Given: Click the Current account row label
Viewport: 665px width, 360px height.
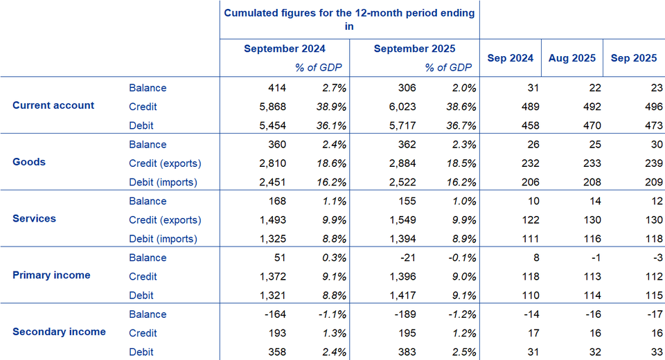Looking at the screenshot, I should point(53,106).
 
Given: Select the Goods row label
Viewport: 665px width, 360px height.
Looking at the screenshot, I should point(29,162).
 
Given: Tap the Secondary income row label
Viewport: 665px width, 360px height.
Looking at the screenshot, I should point(59,332).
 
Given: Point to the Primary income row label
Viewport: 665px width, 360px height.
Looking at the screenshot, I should point(51,275).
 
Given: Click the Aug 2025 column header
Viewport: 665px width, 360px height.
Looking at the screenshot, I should point(571,58).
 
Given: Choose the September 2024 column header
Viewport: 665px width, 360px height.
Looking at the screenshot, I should point(285,48).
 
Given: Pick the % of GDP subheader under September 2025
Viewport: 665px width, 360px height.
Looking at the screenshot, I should point(448,68).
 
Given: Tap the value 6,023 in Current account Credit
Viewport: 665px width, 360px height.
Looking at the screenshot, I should point(402,107).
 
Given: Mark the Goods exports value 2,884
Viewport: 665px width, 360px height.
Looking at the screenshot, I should point(402,163).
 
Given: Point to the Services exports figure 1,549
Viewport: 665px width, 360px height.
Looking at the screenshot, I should point(402,220).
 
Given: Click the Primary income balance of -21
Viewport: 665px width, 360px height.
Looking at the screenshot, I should point(407,258).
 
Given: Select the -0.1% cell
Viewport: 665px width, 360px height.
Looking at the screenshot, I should point(460,258).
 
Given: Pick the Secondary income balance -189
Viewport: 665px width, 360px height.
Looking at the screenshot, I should point(405,314).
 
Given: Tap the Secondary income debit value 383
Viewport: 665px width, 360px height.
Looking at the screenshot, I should point(407,352).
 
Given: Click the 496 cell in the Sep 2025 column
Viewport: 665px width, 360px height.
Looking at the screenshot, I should point(646,107).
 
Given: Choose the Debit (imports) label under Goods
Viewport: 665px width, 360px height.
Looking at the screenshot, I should point(163,182).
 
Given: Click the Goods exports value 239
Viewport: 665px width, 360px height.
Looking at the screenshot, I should point(646,163).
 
